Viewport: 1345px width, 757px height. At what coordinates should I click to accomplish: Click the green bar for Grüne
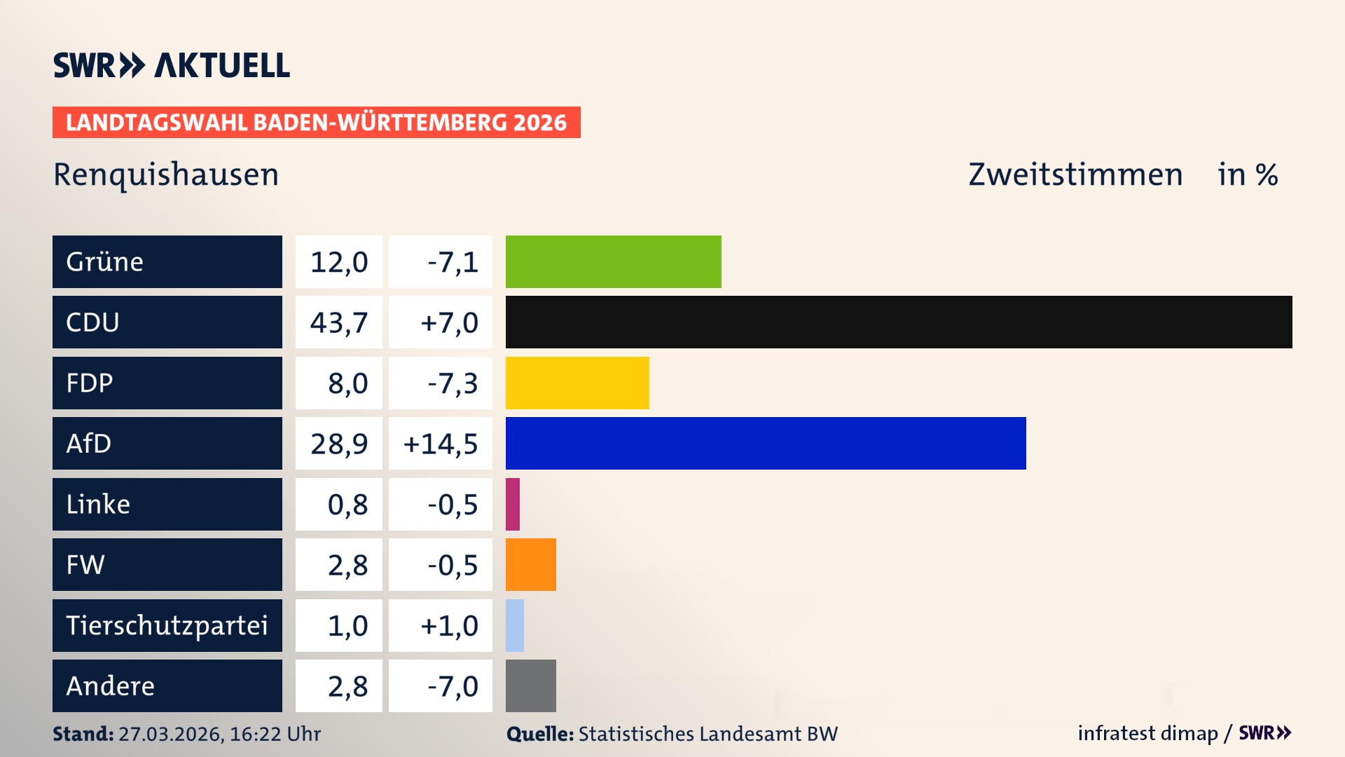[x=613, y=261]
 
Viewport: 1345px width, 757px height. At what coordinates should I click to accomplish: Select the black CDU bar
[x=899, y=322]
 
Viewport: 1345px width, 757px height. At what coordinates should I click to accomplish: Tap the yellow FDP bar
[x=577, y=383]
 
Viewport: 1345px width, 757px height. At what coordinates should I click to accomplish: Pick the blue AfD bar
[x=766, y=443]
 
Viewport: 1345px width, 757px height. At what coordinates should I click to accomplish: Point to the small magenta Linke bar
[x=513, y=504]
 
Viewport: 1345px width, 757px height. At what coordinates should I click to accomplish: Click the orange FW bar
[x=531, y=564]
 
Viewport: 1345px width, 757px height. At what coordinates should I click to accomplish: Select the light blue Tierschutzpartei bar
[x=515, y=625]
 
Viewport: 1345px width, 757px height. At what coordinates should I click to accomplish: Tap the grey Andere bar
[x=531, y=686]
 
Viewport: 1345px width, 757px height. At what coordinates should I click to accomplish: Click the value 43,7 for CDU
[x=339, y=322]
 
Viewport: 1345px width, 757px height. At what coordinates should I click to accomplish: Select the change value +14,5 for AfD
[x=441, y=443]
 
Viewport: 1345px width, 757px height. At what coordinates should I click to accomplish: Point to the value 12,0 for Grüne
[x=339, y=261]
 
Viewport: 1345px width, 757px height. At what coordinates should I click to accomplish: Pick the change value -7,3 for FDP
[x=453, y=383]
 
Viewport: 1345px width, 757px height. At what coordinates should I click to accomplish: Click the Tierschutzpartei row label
[x=167, y=625]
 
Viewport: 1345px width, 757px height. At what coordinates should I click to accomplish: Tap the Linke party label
[x=98, y=504]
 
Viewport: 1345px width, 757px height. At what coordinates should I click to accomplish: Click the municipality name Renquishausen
[x=166, y=175]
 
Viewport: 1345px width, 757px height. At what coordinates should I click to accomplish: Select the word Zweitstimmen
[x=1075, y=175]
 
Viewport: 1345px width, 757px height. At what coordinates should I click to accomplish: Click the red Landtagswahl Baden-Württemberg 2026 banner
[x=316, y=122]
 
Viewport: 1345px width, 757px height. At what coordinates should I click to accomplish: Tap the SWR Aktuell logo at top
[x=172, y=65]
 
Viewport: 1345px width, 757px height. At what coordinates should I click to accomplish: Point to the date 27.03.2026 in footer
[x=170, y=734]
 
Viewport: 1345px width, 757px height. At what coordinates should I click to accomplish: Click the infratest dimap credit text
[x=1147, y=733]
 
